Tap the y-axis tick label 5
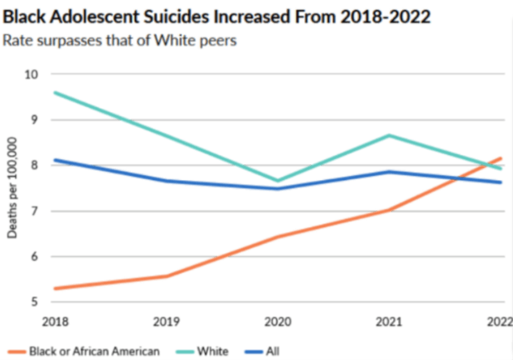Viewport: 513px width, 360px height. tap(34, 303)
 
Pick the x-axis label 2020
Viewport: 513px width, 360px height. tap(277, 321)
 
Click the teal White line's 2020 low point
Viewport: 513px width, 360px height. tap(277, 181)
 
